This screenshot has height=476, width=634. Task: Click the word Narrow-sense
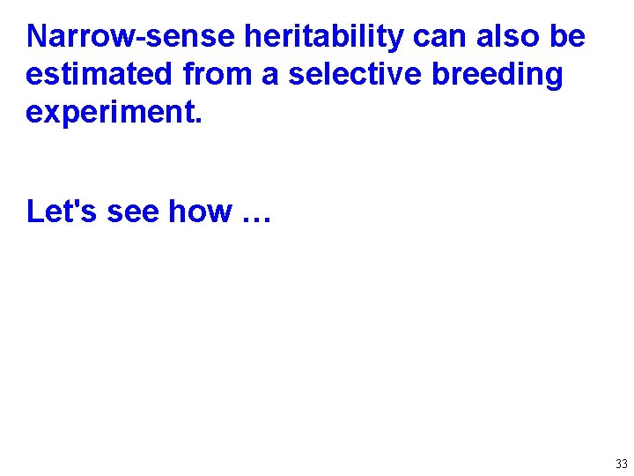click(x=131, y=37)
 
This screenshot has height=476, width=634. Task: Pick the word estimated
click(x=100, y=76)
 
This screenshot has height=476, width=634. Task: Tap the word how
click(x=200, y=212)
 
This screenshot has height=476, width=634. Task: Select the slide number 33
click(x=622, y=465)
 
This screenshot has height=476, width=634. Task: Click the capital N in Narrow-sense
click(x=38, y=37)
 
